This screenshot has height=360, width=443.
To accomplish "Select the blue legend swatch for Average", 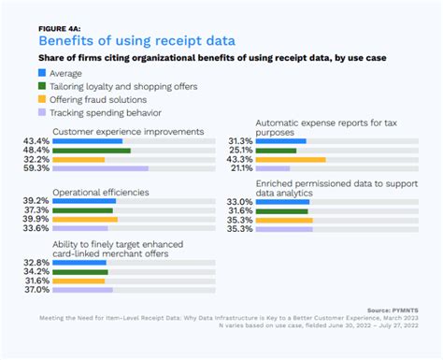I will [x=43, y=72].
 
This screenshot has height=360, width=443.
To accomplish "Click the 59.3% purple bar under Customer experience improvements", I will [x=101, y=169].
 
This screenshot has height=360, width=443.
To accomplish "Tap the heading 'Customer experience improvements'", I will [x=128, y=131].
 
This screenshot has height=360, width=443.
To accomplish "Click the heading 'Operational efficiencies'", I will [x=101, y=192].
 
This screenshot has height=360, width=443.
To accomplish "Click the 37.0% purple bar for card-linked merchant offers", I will [x=83, y=290].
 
